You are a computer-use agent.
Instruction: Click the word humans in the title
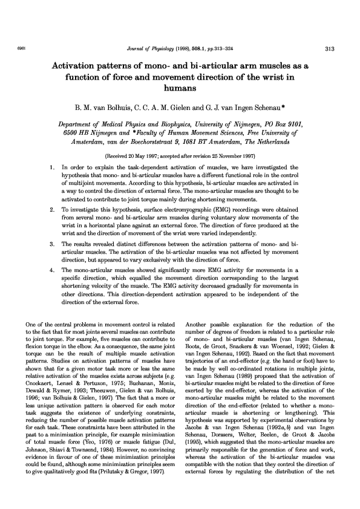point(180,88)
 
